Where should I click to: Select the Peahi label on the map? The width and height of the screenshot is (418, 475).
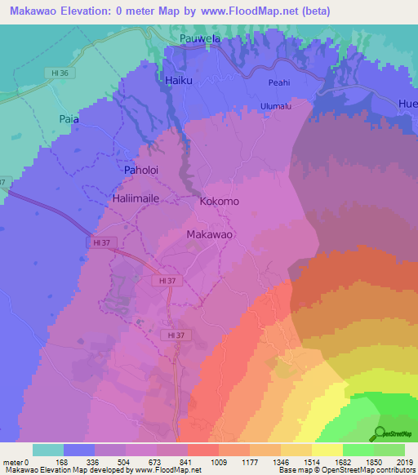pos(278,82)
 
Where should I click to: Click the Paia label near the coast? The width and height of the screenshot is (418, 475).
pos(69,119)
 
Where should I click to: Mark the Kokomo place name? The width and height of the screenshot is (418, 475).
pos(220,200)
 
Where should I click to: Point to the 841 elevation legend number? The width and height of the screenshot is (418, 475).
pos(187,461)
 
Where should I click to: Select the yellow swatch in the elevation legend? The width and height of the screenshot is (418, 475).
pos(327,450)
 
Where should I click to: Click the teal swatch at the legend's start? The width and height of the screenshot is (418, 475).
pos(47,450)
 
